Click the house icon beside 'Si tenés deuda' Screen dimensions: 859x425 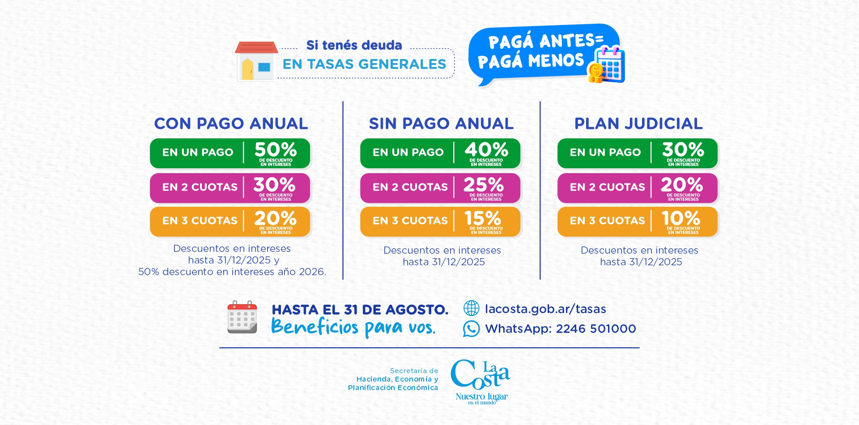[x=255, y=61]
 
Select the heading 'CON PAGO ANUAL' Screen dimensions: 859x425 [x=231, y=123]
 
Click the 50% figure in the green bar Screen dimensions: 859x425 [x=276, y=149]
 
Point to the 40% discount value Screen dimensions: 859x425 [x=486, y=149]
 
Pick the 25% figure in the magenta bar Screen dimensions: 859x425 [x=484, y=184]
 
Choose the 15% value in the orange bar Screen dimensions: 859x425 [x=483, y=218]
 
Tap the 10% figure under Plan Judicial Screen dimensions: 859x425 [x=681, y=218]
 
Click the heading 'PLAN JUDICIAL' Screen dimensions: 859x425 [x=638, y=123]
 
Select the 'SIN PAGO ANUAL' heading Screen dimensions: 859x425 [x=441, y=123]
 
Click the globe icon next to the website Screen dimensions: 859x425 [x=471, y=308]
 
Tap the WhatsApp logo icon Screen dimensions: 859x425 [x=471, y=328]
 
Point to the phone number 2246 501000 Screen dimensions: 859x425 [x=596, y=329]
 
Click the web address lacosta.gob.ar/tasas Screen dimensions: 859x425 [x=545, y=309]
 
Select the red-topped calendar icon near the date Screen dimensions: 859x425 [x=242, y=317]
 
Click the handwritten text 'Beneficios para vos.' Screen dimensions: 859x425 [x=353, y=327]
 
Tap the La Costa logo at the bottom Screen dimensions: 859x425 [x=481, y=382]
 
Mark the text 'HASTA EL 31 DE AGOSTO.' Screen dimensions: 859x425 [x=360, y=310]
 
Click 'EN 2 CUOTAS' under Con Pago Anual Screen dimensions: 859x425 [x=200, y=187]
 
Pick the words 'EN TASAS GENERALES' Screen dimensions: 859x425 [x=365, y=64]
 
